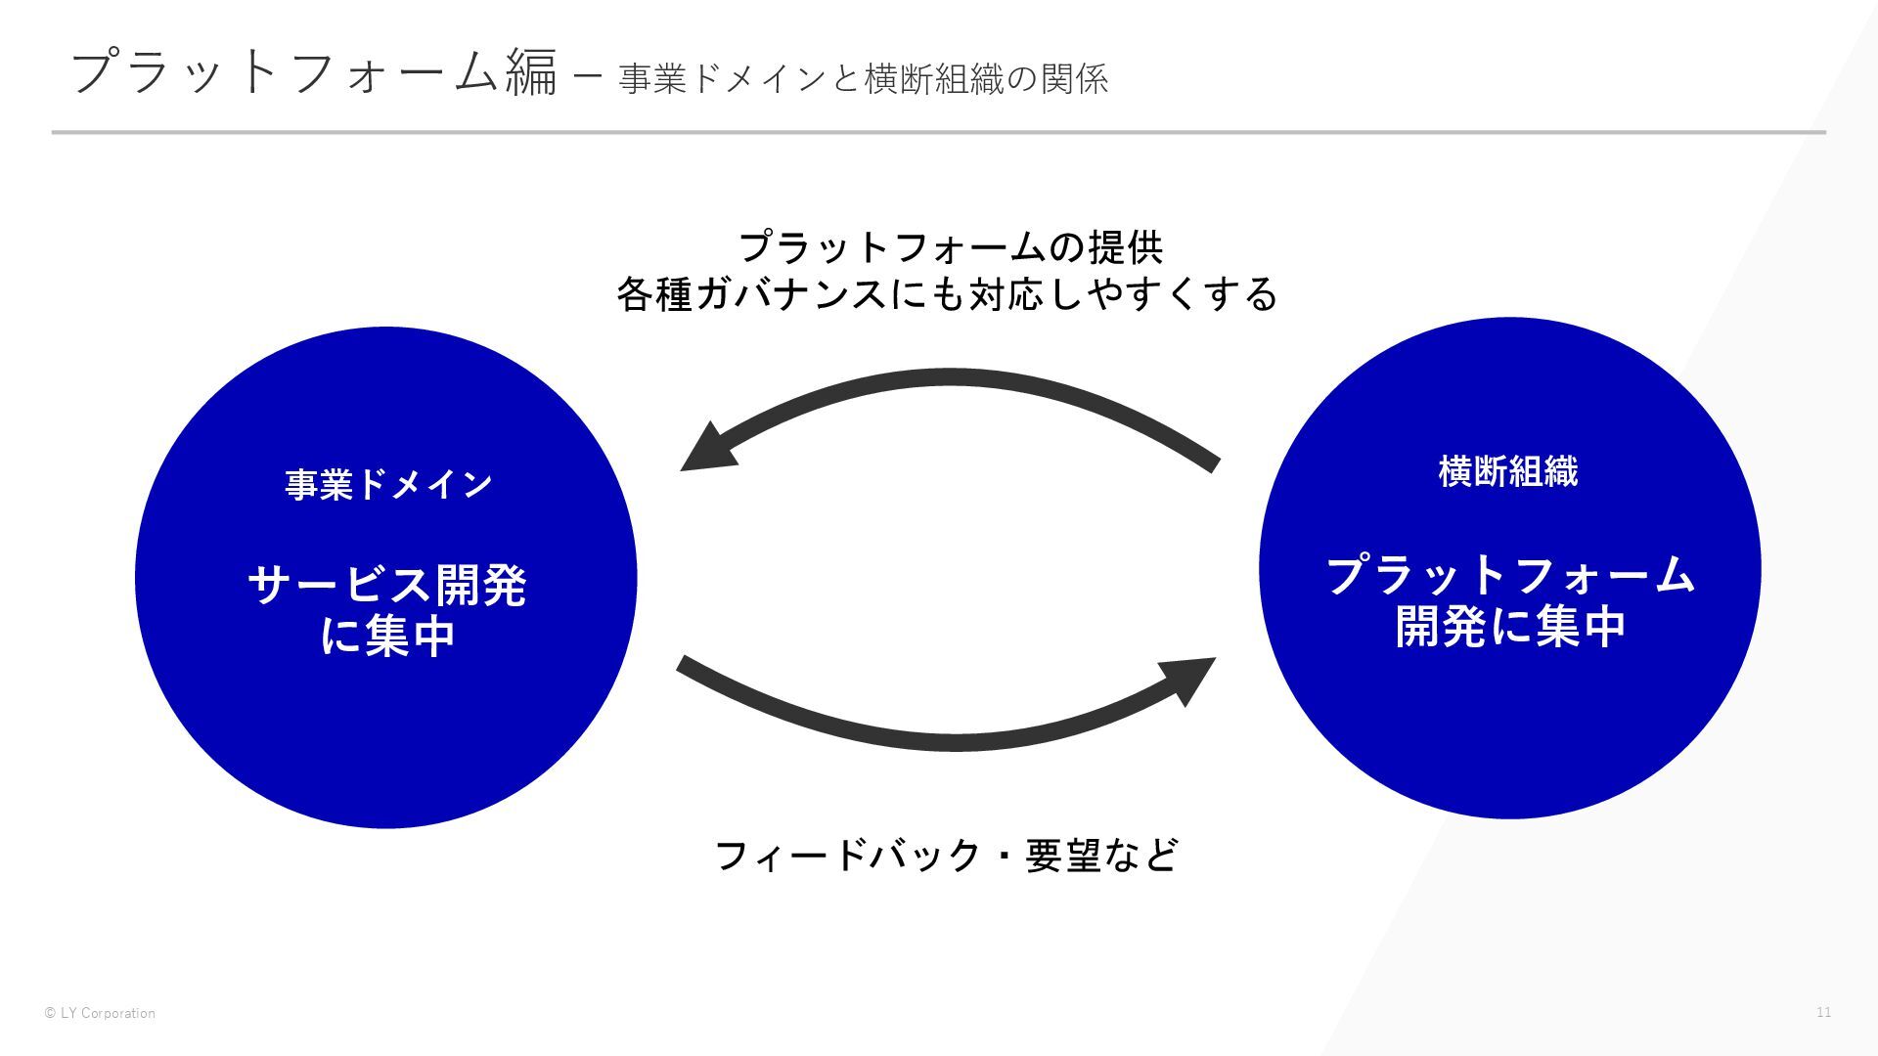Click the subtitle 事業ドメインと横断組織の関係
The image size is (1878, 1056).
pyautogui.click(x=864, y=79)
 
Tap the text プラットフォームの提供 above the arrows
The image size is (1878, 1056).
pyautogui.click(x=950, y=246)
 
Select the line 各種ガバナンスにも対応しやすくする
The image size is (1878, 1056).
pyautogui.click(x=947, y=293)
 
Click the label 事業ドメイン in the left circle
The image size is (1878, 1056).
pyautogui.click(x=388, y=484)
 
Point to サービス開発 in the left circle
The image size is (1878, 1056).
pyautogui.click(x=387, y=586)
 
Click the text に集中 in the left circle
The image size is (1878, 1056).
pyautogui.click(x=387, y=637)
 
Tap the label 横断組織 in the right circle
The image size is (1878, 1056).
pyautogui.click(x=1507, y=471)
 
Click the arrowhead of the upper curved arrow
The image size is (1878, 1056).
pyautogui.click(x=706, y=450)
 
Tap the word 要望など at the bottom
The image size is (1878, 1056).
pyautogui.click(x=1101, y=856)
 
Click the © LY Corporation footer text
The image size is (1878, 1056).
pyautogui.click(x=100, y=1013)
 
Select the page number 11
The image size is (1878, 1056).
pyautogui.click(x=1823, y=1012)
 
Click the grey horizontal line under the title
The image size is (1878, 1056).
pyautogui.click(x=938, y=132)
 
